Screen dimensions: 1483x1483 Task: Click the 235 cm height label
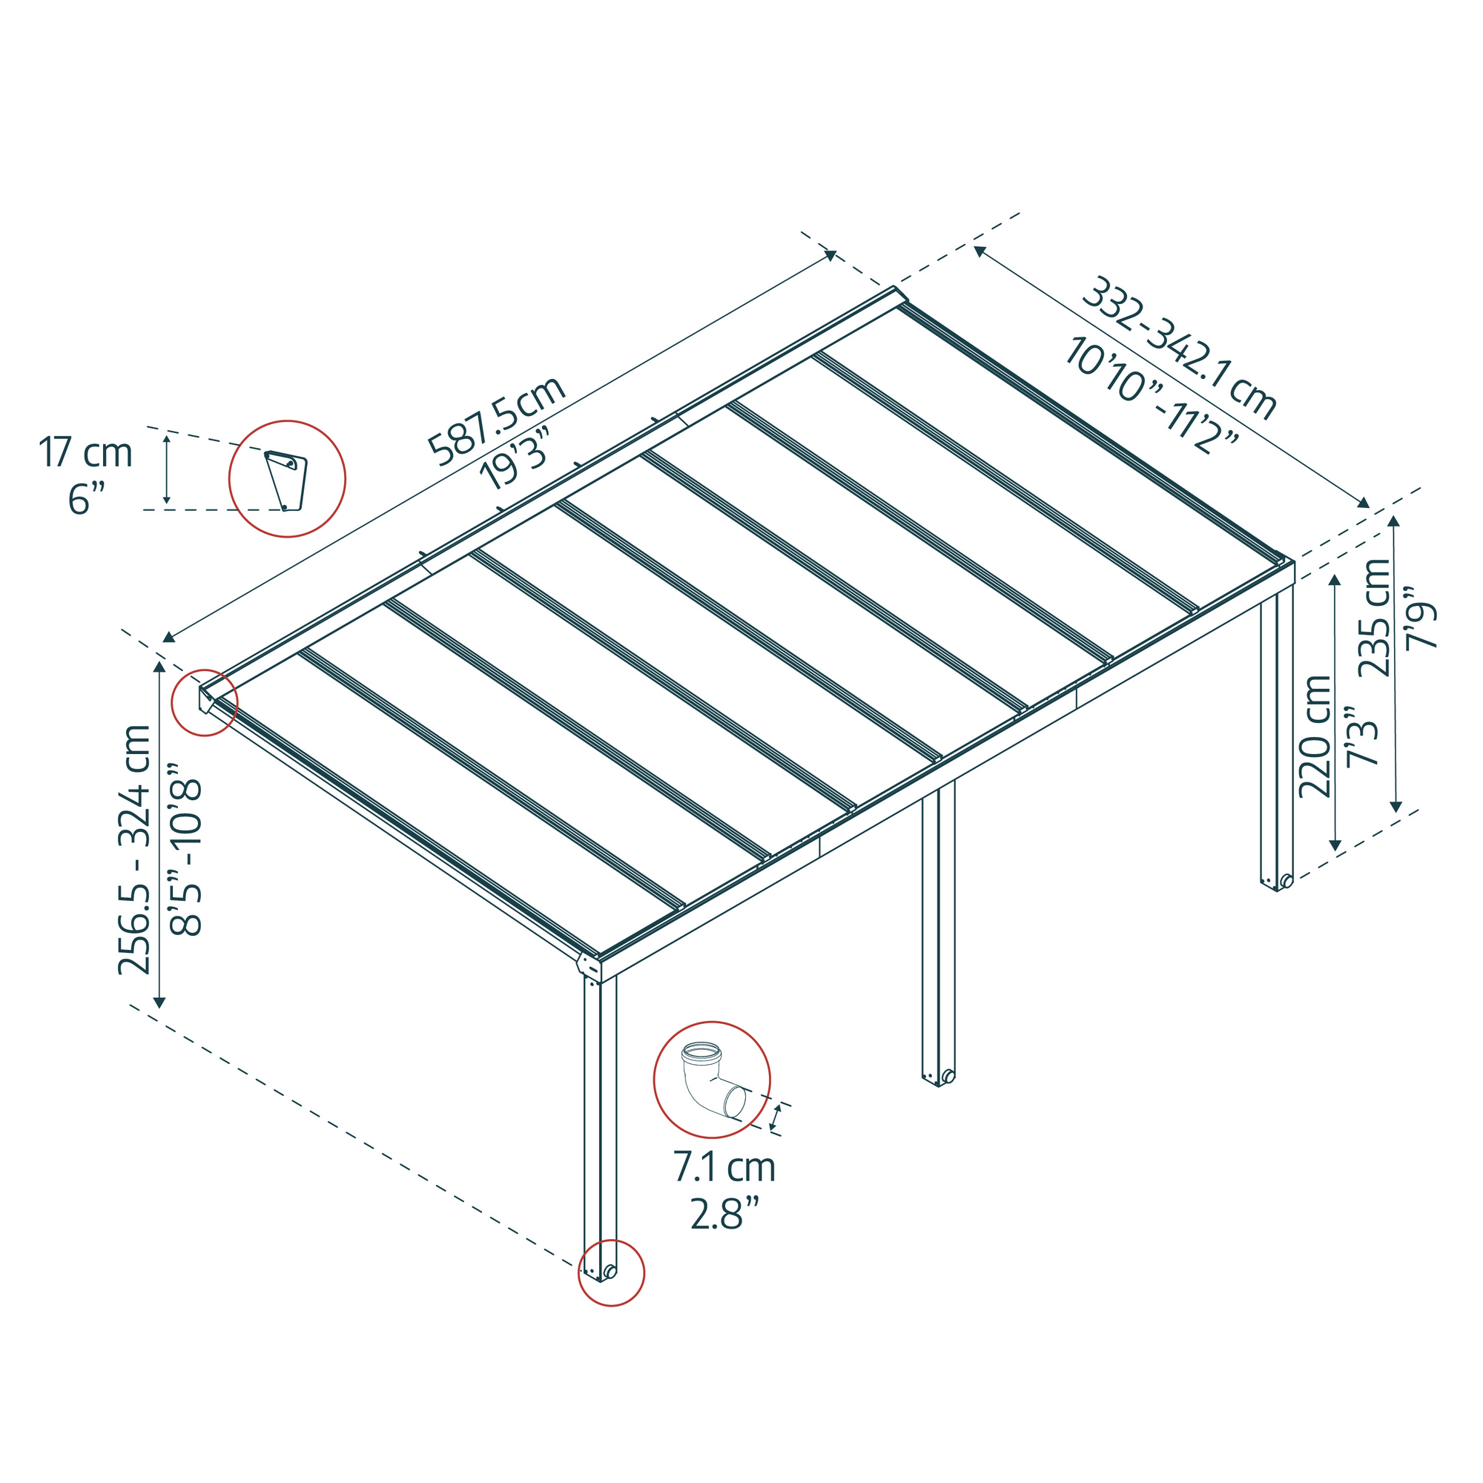1375,618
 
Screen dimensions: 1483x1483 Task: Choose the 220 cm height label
1315,737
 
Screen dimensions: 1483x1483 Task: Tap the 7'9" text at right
1420,618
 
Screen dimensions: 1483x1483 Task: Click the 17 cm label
85,453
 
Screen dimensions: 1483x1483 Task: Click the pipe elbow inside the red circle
711,1083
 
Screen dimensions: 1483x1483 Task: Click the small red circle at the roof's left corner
204,701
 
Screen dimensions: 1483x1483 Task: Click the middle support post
939,929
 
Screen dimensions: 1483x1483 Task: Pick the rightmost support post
1278,737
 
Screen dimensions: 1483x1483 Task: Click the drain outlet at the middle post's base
949,1076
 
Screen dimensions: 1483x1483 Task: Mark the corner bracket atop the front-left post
590,965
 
